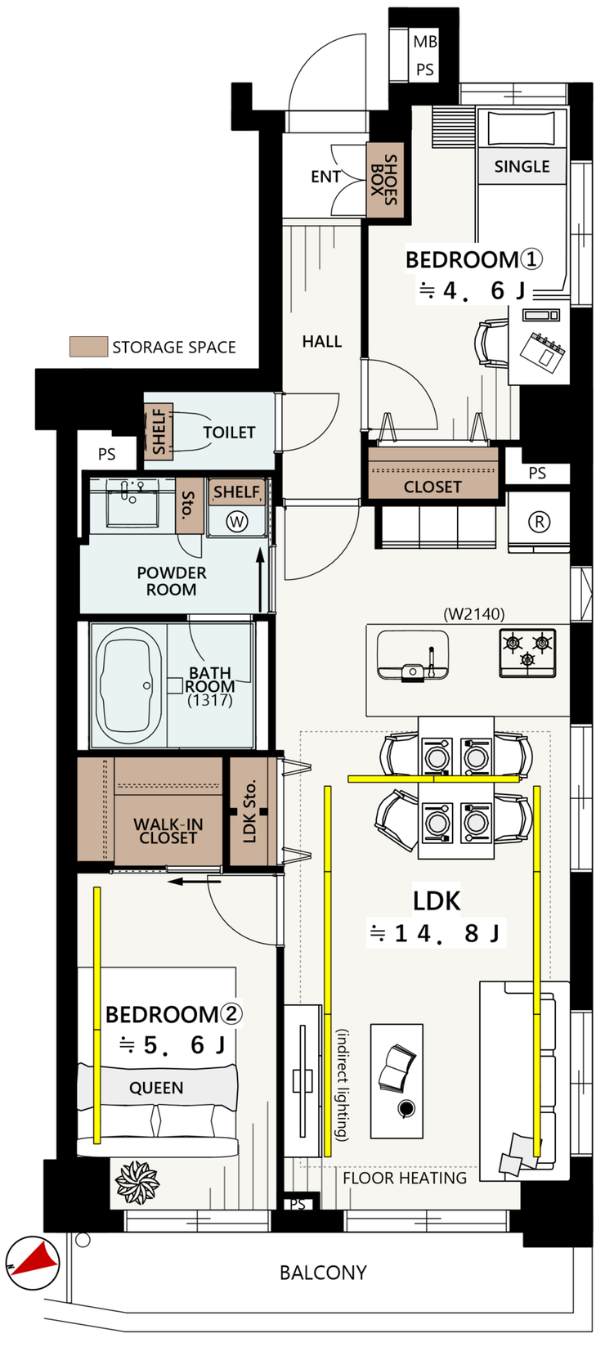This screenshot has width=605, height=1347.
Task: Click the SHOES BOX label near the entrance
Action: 383,180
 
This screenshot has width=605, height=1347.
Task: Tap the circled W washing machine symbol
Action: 237,521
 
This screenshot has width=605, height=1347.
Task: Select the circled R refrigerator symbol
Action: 539,521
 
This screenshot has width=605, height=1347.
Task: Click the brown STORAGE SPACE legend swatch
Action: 88,347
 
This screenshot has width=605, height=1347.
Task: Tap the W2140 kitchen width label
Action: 474,614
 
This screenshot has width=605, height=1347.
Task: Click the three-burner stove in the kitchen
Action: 527,653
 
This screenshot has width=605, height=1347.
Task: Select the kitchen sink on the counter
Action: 413,655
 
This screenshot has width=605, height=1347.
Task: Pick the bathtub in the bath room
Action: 128,685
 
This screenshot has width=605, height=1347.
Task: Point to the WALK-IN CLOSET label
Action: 168,831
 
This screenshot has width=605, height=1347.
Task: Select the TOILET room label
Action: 229,433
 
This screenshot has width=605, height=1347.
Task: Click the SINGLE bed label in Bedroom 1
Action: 522,167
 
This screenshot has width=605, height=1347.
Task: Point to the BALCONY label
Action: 323,1273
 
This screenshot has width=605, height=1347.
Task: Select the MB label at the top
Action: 425,42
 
